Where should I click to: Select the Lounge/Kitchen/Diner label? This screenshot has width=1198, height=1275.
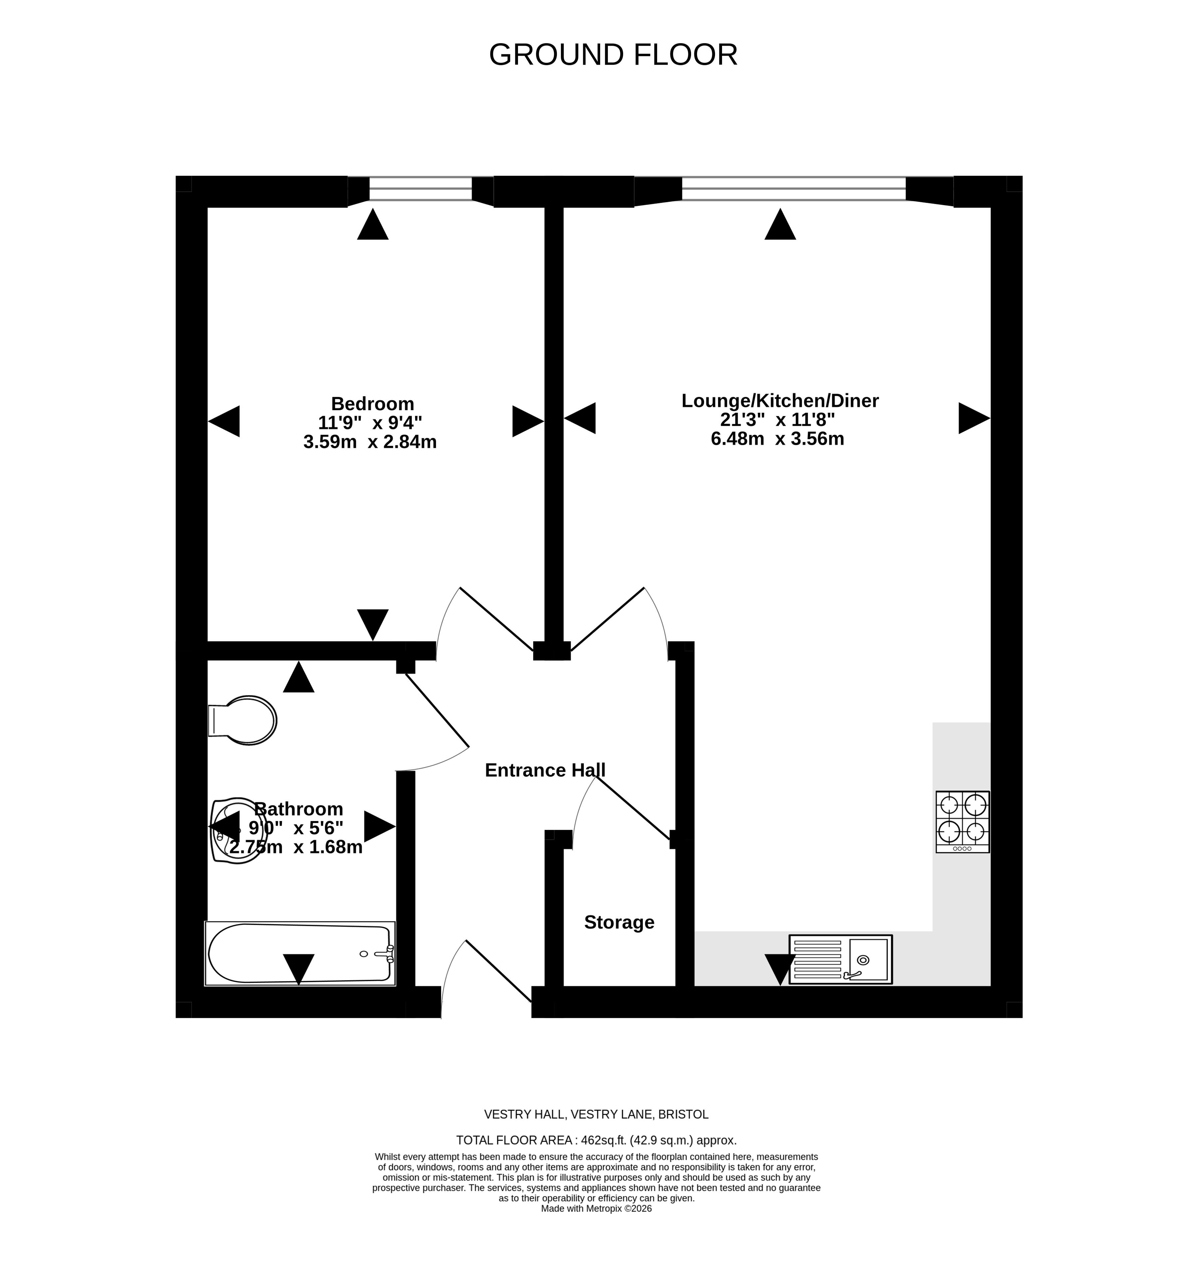click(x=780, y=401)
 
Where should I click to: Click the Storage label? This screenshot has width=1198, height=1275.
click(x=619, y=922)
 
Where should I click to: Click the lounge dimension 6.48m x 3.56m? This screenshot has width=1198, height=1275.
click(x=777, y=439)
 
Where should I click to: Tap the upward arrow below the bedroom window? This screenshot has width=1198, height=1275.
click(x=372, y=224)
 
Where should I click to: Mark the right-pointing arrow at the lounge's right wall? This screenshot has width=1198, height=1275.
click(x=974, y=418)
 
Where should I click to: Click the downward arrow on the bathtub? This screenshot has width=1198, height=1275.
click(x=299, y=969)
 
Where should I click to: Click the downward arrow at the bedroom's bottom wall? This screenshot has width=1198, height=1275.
click(x=372, y=625)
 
